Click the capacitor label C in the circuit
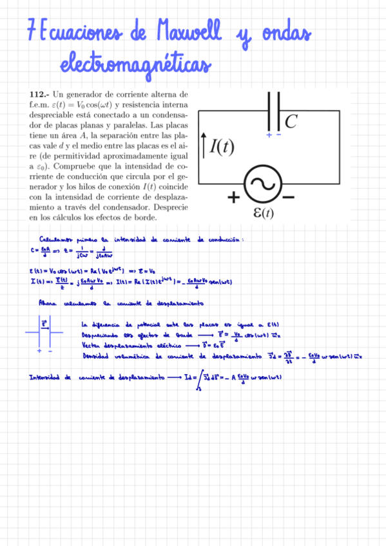(292, 120)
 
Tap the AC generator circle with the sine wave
(263, 184)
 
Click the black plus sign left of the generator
(232, 197)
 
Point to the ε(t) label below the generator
(262, 213)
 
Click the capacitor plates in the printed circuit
(274, 110)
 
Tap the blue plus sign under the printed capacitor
(269, 136)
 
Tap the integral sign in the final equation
(195, 380)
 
